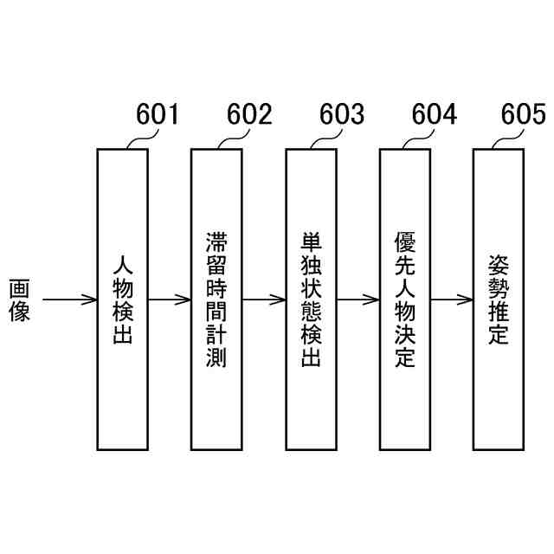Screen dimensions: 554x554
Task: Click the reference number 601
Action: coord(158,114)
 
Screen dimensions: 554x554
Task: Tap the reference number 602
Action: coord(249,114)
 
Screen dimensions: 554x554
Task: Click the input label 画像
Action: coord(20,300)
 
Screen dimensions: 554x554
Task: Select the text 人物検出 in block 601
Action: coord(123,300)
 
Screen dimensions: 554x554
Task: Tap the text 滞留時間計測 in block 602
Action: coord(216,300)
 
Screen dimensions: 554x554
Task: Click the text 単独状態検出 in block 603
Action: coord(311,300)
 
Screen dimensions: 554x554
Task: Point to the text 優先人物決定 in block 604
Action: coord(404,300)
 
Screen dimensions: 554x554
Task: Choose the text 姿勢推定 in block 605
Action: coord(498,300)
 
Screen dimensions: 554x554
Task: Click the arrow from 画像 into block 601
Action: coord(69,300)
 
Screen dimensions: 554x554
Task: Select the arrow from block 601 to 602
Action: coord(170,300)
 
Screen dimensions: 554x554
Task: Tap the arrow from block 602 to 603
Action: coord(263,300)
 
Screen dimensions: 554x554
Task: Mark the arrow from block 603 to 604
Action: coord(358,300)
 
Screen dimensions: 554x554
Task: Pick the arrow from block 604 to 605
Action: coord(451,300)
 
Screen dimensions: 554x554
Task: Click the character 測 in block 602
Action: coord(216,358)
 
